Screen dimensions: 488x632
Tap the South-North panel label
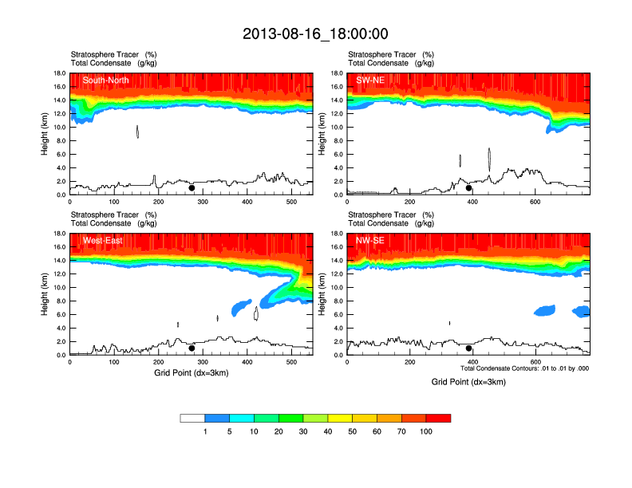(x=108, y=80)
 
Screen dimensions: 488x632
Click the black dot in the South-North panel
(x=192, y=188)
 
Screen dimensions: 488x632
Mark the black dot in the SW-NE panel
(x=469, y=188)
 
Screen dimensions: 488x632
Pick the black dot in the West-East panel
(x=192, y=348)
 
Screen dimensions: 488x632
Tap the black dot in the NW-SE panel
(x=469, y=348)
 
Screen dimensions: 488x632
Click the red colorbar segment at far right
(x=438, y=418)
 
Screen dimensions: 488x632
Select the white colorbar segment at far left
(x=192, y=418)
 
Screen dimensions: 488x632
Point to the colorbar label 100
(x=426, y=431)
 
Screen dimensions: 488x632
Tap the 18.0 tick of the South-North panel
(x=58, y=73)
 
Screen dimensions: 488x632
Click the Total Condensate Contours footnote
(x=525, y=368)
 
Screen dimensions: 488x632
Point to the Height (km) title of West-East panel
(x=44, y=294)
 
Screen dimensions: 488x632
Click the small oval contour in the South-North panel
(x=137, y=132)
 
